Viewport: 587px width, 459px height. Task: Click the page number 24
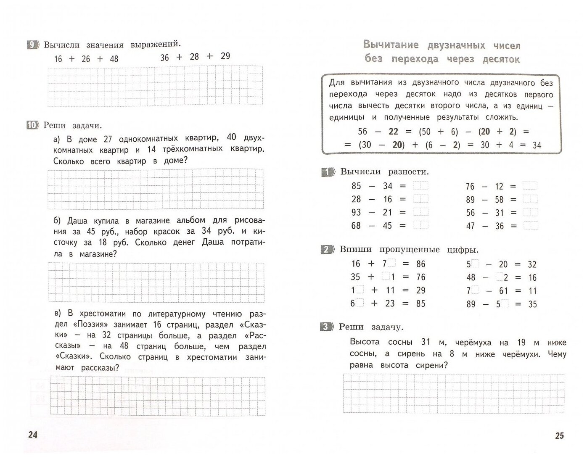tap(32, 434)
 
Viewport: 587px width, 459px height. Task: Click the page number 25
tap(559, 435)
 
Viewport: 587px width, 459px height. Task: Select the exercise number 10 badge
tap(32, 125)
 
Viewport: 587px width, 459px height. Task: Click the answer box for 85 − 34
tap(420, 185)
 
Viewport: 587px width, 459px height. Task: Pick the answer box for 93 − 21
tap(420, 212)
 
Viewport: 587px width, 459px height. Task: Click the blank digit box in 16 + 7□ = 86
tap(391, 263)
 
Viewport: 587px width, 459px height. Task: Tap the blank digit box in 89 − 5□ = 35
tap(505, 303)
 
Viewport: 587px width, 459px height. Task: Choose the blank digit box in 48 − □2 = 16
tap(500, 277)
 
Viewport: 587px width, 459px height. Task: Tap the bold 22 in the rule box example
tap(393, 132)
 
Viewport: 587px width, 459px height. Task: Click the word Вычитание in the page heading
tap(391, 45)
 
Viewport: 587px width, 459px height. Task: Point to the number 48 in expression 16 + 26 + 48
tap(114, 59)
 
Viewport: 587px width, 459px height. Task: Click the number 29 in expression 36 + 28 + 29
tap(225, 56)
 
